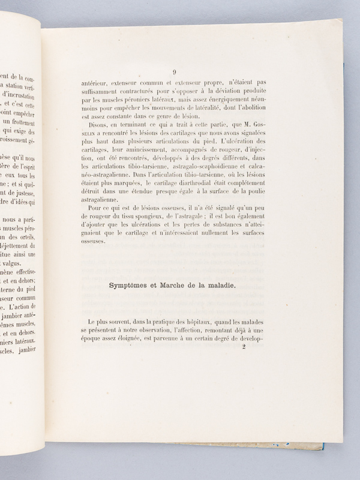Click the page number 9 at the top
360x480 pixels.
point(173,70)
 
